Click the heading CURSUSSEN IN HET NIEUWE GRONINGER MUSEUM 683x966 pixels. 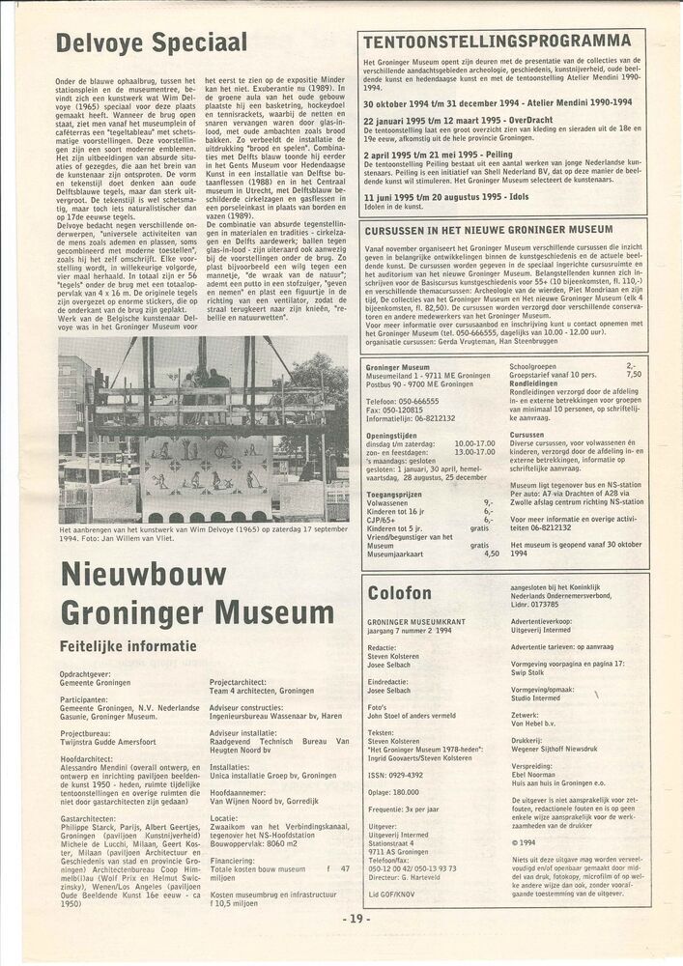pyautogui.click(x=489, y=230)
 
